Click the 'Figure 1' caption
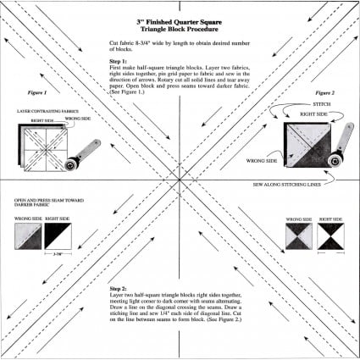[37, 91]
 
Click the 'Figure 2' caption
[325, 91]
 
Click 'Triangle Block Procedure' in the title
[180, 28]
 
